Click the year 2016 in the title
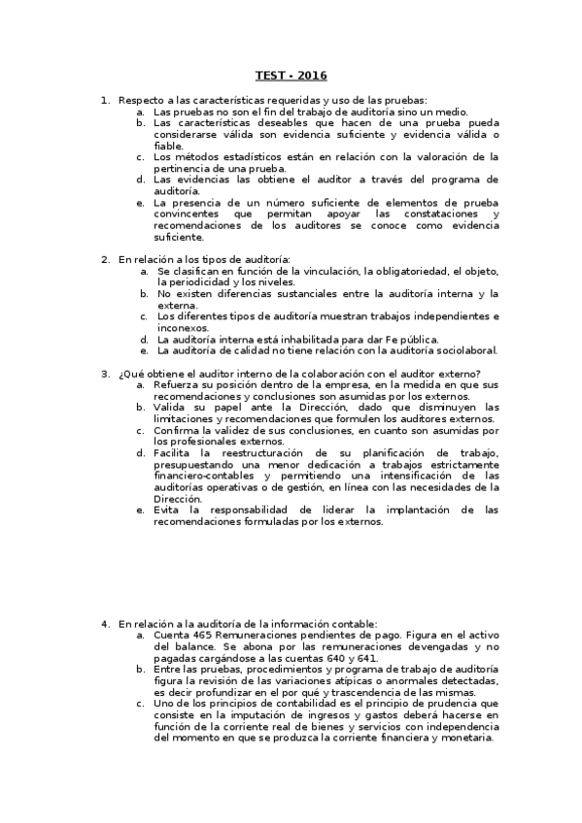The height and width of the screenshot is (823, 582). pyautogui.click(x=313, y=75)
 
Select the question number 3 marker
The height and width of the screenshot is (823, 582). pyautogui.click(x=105, y=374)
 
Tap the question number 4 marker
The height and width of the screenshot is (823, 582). pyautogui.click(x=105, y=623)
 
